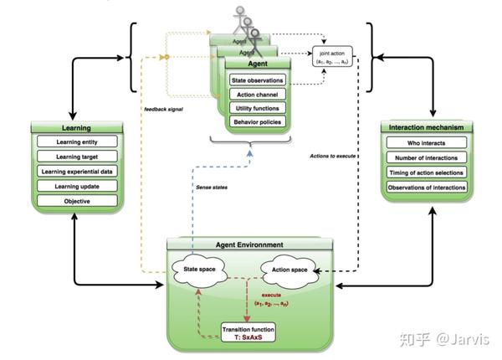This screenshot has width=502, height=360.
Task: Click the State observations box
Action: (x=258, y=80)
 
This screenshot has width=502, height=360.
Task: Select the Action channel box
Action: (x=258, y=95)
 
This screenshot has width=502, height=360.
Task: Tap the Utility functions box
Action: (x=258, y=108)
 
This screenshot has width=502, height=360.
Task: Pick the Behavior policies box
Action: (x=258, y=122)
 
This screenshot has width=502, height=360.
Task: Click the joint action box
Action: (x=334, y=56)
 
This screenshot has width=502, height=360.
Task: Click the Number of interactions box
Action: (x=427, y=158)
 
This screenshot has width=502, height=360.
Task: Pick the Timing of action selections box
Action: (x=427, y=173)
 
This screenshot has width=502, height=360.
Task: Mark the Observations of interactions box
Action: (x=427, y=188)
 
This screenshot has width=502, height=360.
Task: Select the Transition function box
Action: (x=248, y=332)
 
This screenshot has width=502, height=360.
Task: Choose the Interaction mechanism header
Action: (x=427, y=127)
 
